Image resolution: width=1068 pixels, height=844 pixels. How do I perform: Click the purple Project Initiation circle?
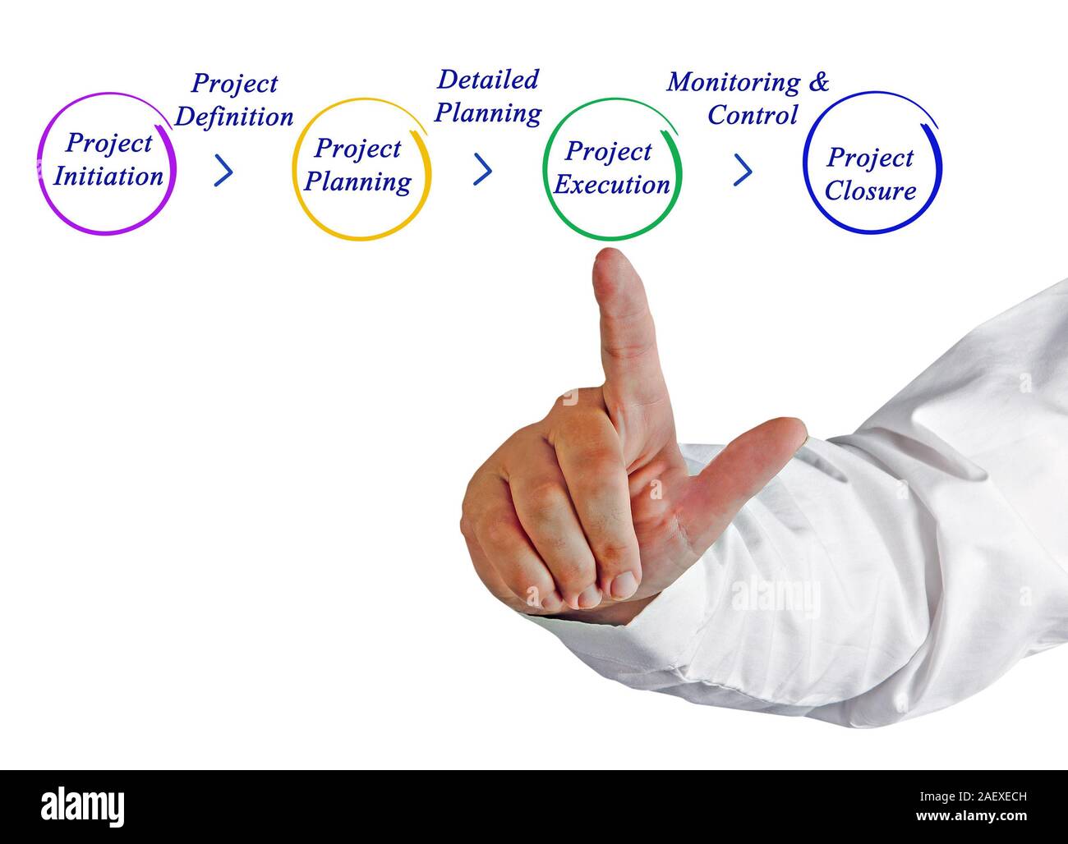(107, 162)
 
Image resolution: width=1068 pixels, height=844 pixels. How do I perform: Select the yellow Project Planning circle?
(361, 167)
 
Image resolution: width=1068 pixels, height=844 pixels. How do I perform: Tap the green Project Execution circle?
(611, 168)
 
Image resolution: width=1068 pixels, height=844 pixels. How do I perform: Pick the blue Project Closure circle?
(871, 163)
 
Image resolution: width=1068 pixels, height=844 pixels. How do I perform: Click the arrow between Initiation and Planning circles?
(223, 171)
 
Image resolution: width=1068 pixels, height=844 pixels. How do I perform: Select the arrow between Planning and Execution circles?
(483, 169)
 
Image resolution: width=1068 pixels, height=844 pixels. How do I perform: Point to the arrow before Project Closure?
(743, 170)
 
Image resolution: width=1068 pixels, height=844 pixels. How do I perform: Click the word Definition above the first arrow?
(234, 117)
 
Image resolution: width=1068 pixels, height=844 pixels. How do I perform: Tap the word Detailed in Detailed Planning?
(487, 80)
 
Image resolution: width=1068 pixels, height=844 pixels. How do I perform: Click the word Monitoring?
(733, 82)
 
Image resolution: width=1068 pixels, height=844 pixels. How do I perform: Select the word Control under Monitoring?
(753, 115)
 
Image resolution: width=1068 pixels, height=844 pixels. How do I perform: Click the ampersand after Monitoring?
(819, 81)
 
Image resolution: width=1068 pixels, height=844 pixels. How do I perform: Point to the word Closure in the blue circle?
(870, 191)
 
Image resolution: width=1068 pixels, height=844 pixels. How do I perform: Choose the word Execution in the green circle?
(611, 185)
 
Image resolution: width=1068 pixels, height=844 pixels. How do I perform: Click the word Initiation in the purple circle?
(108, 177)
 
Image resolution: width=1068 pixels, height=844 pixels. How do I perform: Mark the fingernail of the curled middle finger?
(622, 584)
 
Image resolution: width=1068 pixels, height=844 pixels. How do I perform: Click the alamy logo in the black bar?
(82, 805)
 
